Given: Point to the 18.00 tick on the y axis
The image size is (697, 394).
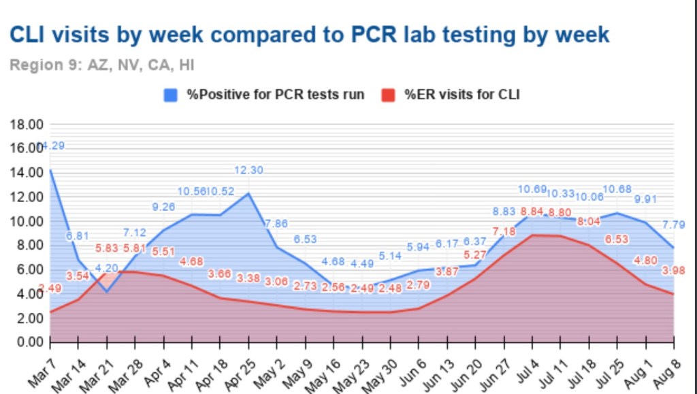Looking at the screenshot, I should click(x=27, y=125).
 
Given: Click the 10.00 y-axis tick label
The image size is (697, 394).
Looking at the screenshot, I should click(x=27, y=221).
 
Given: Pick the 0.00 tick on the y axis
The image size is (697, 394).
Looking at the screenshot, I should click(x=29, y=342).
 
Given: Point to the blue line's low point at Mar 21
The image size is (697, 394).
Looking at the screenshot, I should click(x=107, y=291).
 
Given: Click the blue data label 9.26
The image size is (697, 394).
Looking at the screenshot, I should click(x=164, y=207).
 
